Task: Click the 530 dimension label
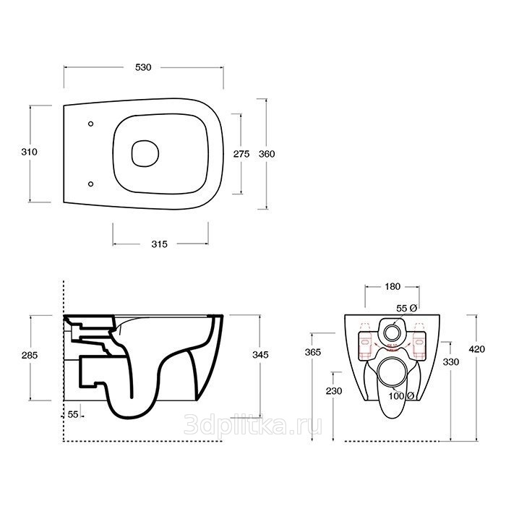[x=143, y=67]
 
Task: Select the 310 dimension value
[x=30, y=152]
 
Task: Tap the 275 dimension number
[x=241, y=154]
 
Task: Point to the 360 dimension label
[x=267, y=154]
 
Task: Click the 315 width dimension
[x=160, y=244]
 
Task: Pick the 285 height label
[x=30, y=355]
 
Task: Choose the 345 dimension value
[x=260, y=355]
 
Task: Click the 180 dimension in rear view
[x=393, y=286]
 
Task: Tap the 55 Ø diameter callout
[x=406, y=308]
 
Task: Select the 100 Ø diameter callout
[x=401, y=395]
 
